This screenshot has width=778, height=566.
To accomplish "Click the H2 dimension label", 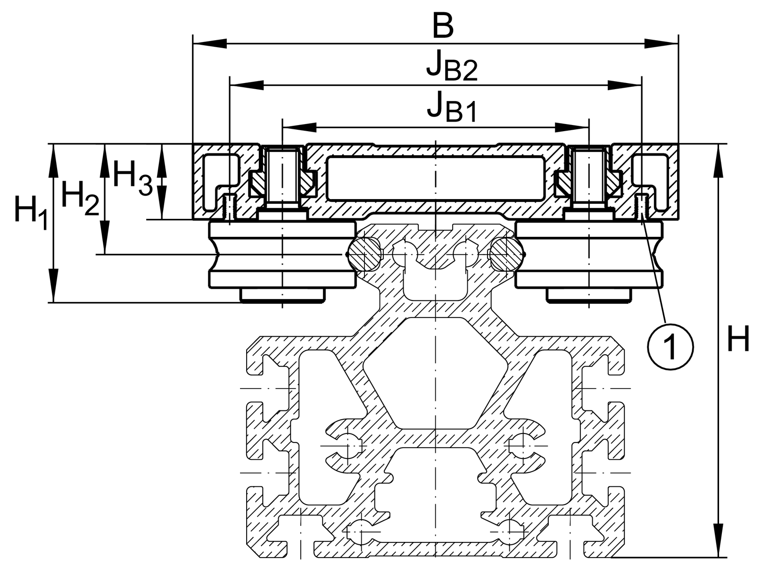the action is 80,198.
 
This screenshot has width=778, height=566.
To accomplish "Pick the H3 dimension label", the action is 132,178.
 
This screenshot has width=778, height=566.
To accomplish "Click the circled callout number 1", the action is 670,347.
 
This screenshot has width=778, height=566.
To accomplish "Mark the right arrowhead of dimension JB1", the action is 572,127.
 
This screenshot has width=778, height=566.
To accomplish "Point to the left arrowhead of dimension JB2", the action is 247,85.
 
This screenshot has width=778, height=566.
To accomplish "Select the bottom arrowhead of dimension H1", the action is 53,286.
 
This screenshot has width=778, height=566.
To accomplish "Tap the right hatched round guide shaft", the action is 507,255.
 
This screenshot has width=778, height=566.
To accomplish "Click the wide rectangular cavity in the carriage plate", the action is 435,179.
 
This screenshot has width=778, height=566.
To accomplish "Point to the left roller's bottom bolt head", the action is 283,295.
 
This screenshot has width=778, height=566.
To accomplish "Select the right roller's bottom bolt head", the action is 589,295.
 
